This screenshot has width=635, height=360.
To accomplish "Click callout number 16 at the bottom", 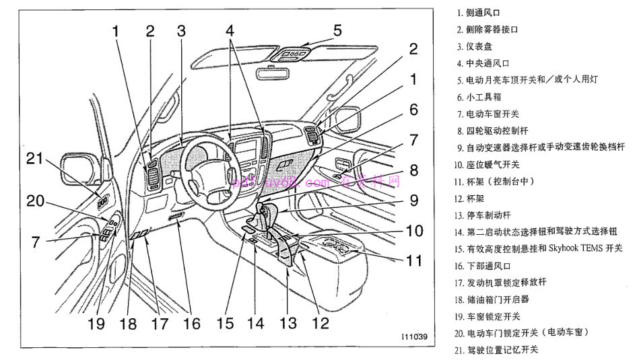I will pos(191,323).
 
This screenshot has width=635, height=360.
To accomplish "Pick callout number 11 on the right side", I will pos(411,258).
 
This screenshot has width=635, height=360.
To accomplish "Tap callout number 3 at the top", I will pos(180,31).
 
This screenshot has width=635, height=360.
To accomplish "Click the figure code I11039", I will pos(413,336).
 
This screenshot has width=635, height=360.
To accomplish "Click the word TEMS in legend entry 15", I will pos(592,248).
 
